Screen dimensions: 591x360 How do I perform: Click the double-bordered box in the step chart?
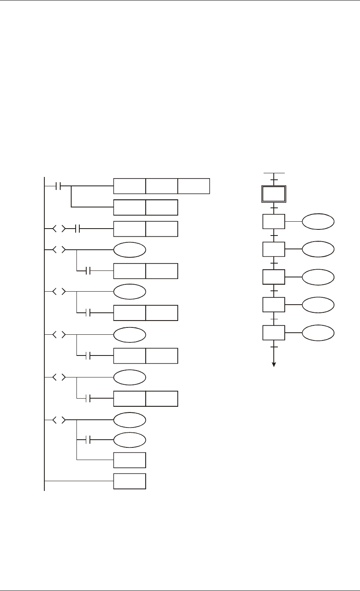point(274,194)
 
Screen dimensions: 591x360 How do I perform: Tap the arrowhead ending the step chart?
point(274,364)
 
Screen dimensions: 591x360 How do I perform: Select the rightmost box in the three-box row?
point(194,186)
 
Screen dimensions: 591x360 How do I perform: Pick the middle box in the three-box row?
point(161,186)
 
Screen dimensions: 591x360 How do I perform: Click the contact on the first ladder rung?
point(58,186)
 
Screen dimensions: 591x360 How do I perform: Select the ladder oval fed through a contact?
point(129,440)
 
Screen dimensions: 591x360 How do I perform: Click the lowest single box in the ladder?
point(129,481)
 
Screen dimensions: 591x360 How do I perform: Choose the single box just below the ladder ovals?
point(129,460)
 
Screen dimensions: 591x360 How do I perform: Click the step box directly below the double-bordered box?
point(274,222)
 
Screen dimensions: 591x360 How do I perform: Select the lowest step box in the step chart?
point(274,333)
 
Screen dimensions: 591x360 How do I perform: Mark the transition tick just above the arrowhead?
point(274,347)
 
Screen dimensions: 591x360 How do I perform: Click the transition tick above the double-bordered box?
point(274,179)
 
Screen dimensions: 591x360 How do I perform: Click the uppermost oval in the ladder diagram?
point(129,250)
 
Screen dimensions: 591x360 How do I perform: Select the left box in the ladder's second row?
point(129,207)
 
